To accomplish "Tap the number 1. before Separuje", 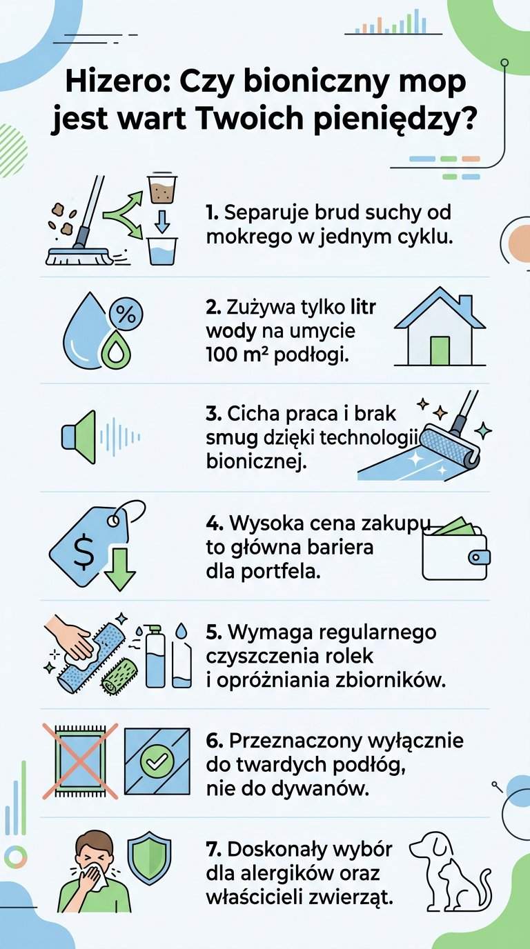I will (213, 212).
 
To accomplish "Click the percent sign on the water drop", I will (124, 314).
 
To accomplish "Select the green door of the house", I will (440, 350).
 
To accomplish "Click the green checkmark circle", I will (155, 760).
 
